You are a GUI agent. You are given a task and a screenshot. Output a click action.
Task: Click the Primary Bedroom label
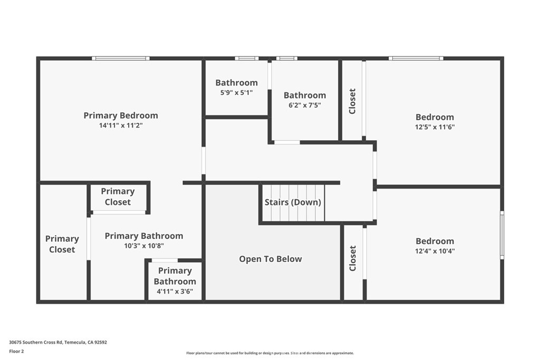point(121,115)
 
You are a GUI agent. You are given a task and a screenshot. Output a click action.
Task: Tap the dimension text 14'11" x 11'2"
point(121,125)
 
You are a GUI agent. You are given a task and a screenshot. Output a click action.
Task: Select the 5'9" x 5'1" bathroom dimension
point(236,92)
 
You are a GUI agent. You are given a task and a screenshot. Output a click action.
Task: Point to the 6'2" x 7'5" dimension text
point(305,105)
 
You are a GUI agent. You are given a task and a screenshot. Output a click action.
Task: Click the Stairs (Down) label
point(293,202)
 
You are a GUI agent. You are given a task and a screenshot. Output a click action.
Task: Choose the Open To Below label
point(271,259)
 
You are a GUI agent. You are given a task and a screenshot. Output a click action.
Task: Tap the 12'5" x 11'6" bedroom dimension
point(435,127)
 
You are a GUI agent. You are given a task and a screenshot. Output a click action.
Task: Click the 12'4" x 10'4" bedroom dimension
point(435,251)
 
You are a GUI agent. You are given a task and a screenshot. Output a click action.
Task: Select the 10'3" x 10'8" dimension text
point(144,246)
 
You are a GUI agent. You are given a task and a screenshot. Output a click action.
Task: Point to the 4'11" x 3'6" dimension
point(175,291)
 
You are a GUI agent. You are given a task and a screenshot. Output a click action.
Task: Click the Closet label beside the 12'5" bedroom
point(352,101)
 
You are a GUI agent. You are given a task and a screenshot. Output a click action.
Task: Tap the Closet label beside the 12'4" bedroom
point(353,258)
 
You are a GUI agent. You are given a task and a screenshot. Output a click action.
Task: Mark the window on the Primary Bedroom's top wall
point(121,58)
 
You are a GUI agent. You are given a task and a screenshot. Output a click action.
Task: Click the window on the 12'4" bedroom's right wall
point(502,235)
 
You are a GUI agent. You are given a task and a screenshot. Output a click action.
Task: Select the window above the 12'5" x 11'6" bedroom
point(416,58)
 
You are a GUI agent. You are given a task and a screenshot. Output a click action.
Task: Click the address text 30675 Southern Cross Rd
point(36,342)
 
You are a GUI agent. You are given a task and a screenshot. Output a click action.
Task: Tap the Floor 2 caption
point(16,352)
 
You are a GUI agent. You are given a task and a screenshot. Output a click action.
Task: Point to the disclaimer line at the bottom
point(270,353)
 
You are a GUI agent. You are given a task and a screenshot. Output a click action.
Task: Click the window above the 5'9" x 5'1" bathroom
point(247,58)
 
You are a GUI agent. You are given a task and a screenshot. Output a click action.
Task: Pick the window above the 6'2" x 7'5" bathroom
point(286,58)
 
